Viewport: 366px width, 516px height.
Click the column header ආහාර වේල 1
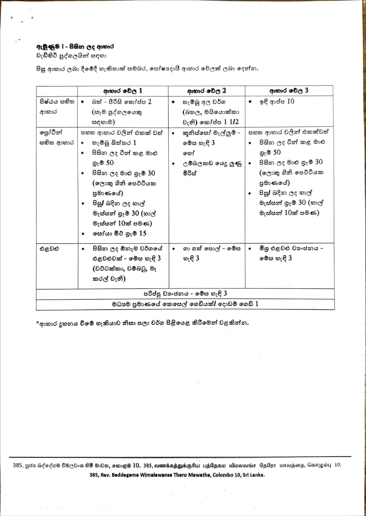(122, 91)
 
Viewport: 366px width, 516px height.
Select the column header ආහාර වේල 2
(206, 91)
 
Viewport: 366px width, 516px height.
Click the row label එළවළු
(49, 249)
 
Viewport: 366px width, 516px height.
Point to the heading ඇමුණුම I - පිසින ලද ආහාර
(75, 47)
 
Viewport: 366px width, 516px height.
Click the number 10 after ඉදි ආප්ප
(290, 101)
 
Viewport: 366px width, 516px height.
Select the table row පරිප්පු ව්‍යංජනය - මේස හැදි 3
(185, 294)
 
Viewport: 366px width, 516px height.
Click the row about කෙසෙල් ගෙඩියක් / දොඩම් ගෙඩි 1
(185, 304)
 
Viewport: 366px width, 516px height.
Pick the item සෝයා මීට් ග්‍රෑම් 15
(119, 233)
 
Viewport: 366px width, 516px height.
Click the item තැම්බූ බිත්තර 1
(114, 143)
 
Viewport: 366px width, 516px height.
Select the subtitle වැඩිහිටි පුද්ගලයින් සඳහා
(71, 56)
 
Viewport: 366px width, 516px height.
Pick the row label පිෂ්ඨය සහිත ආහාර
(57, 107)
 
